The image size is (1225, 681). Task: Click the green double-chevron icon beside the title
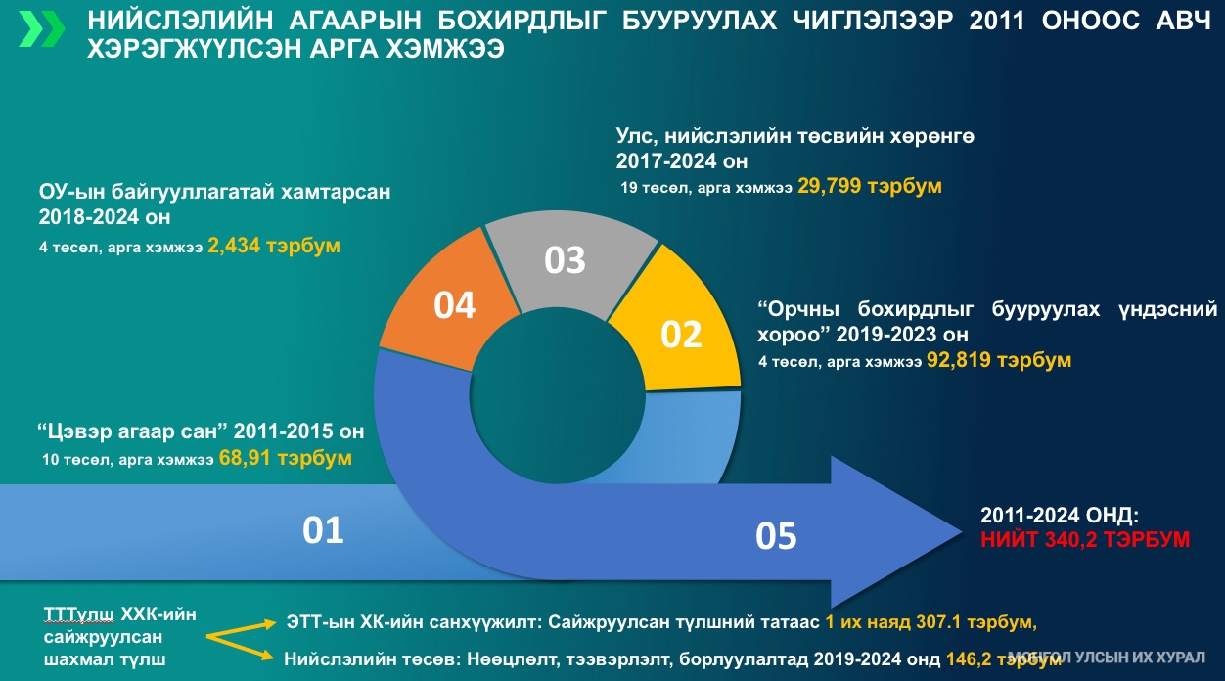(41, 28)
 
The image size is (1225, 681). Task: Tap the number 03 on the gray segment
(565, 260)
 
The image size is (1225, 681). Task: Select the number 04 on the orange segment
(454, 305)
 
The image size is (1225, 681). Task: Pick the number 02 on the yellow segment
(681, 335)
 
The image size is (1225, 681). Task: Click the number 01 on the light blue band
(323, 530)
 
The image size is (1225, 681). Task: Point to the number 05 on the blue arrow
(776, 536)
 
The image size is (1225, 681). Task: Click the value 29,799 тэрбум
(870, 186)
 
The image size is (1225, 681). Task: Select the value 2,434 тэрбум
(274, 246)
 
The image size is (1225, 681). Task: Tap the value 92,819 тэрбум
(999, 360)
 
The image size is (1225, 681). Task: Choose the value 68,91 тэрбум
(286, 458)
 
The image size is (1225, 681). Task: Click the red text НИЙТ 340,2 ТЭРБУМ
(1085, 540)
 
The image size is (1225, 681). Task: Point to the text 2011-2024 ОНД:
(1060, 516)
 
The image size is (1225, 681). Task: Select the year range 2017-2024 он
(682, 161)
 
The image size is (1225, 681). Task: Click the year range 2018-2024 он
(105, 217)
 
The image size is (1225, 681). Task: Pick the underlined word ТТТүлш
(78, 614)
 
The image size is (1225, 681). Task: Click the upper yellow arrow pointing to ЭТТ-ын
(241, 629)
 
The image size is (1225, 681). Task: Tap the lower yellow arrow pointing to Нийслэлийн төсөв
(240, 648)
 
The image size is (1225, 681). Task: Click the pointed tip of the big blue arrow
(962, 531)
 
